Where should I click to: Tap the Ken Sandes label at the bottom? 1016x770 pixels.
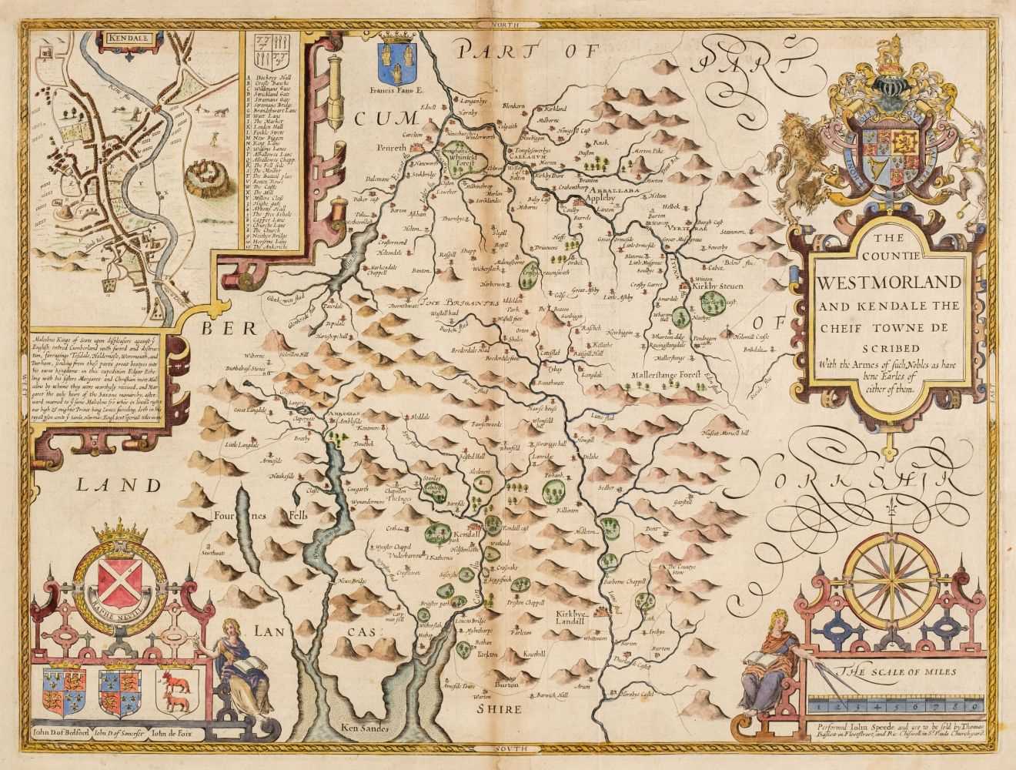363,726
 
